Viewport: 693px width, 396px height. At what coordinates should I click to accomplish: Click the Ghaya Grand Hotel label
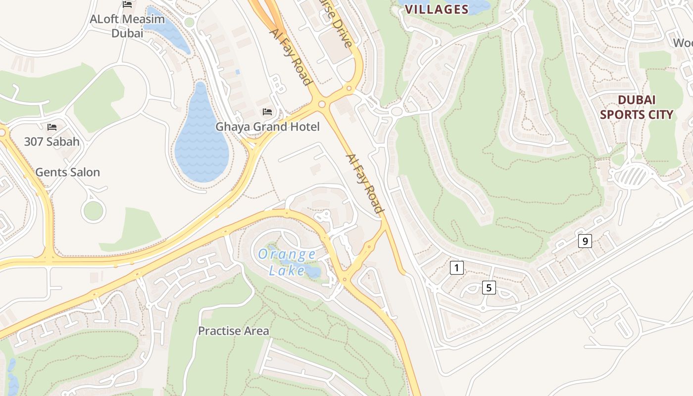(267, 127)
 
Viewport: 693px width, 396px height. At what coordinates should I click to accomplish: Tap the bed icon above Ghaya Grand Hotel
(267, 111)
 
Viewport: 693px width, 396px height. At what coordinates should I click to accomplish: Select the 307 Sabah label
(51, 142)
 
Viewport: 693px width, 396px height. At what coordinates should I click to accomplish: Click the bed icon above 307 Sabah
(51, 127)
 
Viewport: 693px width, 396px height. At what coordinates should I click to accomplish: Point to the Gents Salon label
(67, 172)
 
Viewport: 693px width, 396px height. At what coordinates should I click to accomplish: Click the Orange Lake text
(287, 262)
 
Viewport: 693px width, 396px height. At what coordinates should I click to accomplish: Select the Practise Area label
(234, 331)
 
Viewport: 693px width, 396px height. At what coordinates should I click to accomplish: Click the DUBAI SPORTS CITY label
(637, 107)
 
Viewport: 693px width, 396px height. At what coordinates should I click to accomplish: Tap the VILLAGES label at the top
(437, 9)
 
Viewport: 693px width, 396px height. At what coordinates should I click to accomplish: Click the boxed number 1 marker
(456, 268)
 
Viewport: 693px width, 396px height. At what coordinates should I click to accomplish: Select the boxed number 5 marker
(489, 287)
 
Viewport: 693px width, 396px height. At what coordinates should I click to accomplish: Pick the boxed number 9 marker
(585, 241)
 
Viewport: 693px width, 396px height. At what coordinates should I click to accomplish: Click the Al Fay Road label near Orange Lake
(365, 184)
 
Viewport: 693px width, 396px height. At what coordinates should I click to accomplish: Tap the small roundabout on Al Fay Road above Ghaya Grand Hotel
(322, 104)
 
